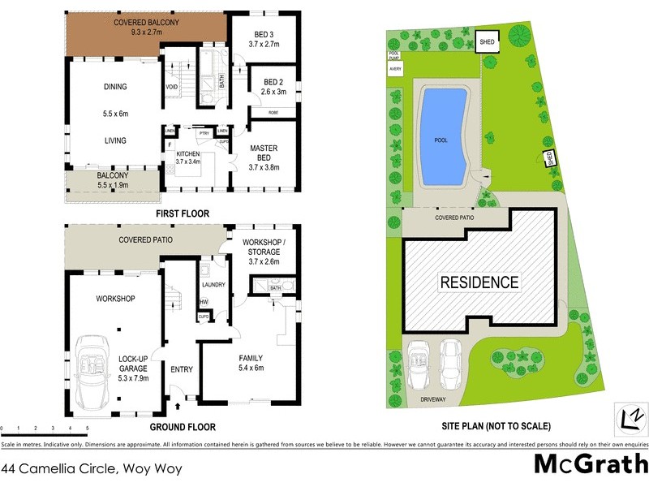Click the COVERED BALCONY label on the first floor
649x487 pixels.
[x=146, y=23]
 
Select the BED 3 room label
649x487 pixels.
[x=264, y=33]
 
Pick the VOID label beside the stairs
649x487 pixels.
[x=171, y=87]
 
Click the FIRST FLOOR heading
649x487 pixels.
[x=183, y=213]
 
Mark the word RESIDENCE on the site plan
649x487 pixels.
[x=479, y=283]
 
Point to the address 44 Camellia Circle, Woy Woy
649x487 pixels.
[x=92, y=468]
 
